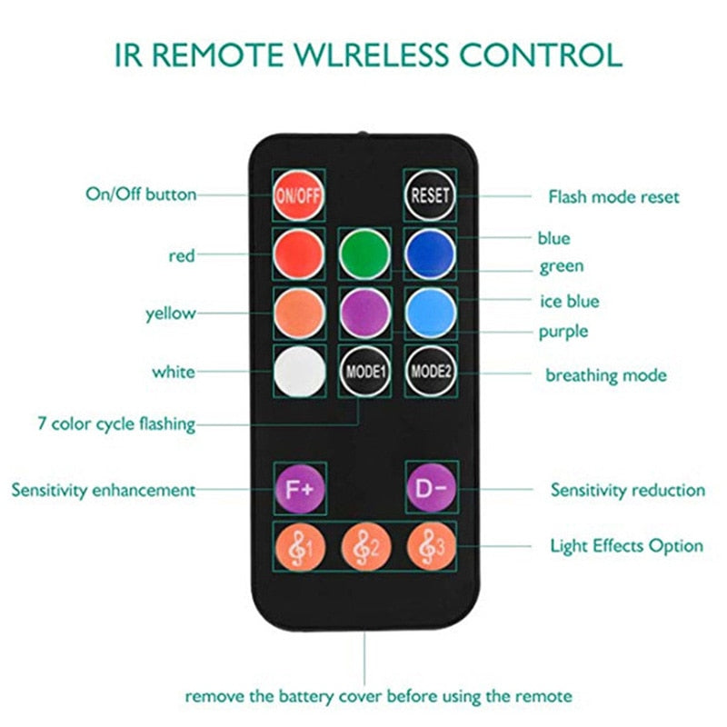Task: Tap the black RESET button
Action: pos(431,195)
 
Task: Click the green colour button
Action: pos(364,254)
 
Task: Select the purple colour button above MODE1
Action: pos(364,313)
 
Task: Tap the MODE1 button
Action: pos(364,372)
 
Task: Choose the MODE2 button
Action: pos(431,372)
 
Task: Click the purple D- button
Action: pos(431,487)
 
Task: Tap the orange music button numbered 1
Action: pos(298,547)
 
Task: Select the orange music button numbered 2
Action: pos(364,547)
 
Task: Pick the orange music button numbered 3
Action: pos(431,547)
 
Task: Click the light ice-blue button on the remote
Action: pos(431,313)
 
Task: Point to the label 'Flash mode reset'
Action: pos(613,196)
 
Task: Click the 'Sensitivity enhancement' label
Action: pos(103,490)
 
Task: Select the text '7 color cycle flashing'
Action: pos(115,423)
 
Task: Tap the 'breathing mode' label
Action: pos(605,374)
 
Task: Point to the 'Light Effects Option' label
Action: pos(626,546)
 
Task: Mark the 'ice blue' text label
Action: pos(569,301)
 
